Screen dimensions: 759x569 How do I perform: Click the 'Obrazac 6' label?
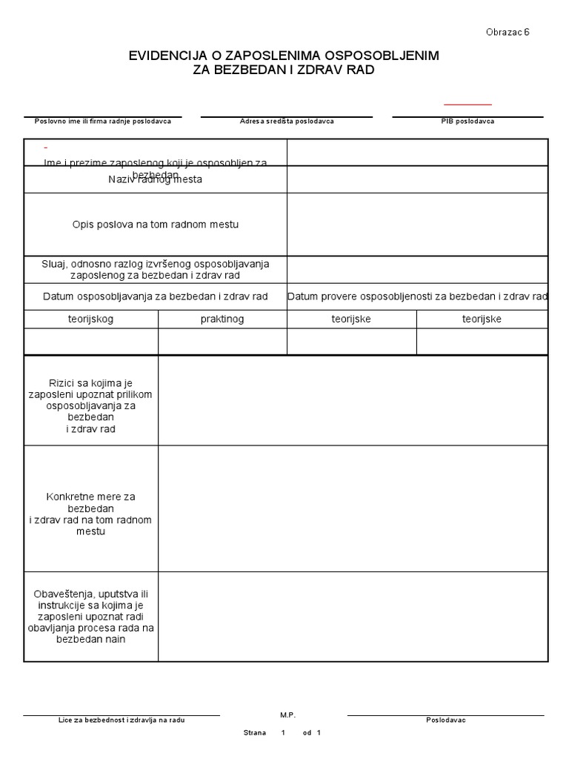click(508, 32)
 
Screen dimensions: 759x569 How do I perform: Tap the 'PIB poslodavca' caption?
click(467, 122)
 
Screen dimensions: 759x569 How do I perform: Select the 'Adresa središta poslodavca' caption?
click(287, 122)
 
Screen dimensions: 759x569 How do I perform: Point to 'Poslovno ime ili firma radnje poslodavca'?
click(103, 122)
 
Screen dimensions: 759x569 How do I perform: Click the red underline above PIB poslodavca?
click(467, 105)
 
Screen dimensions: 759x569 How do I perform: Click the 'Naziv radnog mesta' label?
click(155, 179)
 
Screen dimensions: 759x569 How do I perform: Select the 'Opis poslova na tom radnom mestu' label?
click(155, 224)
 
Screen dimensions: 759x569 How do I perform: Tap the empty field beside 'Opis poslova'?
click(417, 224)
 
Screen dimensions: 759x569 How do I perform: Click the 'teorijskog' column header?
click(90, 319)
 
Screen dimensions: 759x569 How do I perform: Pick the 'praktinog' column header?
click(222, 319)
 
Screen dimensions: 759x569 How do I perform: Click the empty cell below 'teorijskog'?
click(90, 341)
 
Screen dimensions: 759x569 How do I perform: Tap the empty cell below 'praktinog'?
click(222, 341)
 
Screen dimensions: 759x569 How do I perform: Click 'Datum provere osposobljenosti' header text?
click(417, 296)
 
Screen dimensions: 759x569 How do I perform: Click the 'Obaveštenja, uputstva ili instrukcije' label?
click(90, 616)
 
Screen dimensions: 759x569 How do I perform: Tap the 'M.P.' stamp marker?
click(287, 715)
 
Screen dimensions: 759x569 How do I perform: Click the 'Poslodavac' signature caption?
click(445, 720)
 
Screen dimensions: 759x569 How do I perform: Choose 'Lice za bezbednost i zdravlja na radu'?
click(122, 720)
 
